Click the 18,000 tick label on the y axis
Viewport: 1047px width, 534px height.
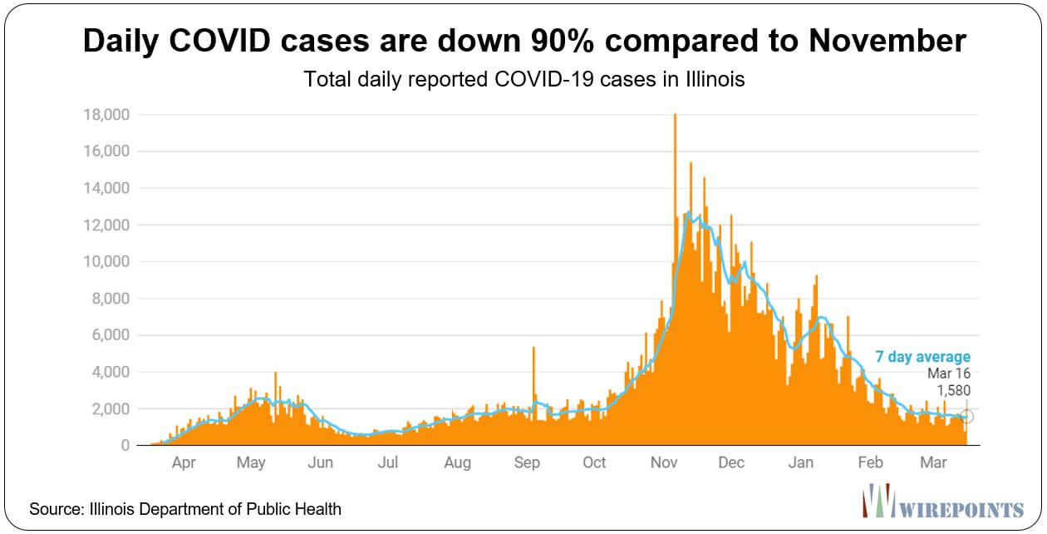coord(106,115)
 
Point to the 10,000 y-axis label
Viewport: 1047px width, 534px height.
coord(106,262)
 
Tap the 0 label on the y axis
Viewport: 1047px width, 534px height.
coord(125,445)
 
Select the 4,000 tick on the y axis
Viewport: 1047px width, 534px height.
coord(111,372)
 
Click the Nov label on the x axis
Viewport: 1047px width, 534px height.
coord(664,462)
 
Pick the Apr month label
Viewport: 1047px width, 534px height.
coord(184,462)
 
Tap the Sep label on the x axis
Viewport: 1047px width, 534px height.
coord(527,462)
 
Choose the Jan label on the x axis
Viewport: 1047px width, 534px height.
coord(801,462)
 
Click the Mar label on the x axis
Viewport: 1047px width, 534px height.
coord(933,462)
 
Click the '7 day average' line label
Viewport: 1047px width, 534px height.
coord(922,357)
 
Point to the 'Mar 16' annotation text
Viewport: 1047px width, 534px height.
coord(949,373)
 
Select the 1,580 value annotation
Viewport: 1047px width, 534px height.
coord(954,390)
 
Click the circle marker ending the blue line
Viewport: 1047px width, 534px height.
coord(967,417)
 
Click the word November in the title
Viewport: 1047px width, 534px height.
coord(887,40)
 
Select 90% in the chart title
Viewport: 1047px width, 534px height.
coord(562,40)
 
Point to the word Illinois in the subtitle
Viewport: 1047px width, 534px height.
coord(715,79)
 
